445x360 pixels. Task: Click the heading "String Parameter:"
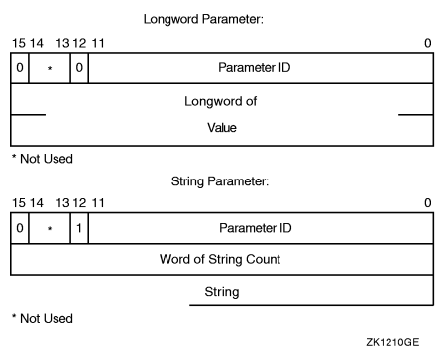coord(221,181)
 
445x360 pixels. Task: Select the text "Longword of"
coord(221,100)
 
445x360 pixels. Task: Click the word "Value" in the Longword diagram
coord(221,129)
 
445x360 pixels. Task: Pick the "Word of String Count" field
coord(221,260)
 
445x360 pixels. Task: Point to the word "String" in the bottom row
coord(221,293)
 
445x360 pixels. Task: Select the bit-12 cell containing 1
coord(79,228)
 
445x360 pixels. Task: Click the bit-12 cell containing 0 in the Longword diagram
coord(79,68)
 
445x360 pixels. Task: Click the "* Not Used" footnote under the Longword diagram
coord(41,159)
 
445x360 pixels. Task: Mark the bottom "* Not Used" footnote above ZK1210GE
coord(41,319)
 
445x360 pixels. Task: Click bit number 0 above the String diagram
coord(427,203)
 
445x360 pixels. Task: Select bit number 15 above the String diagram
coord(17,203)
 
